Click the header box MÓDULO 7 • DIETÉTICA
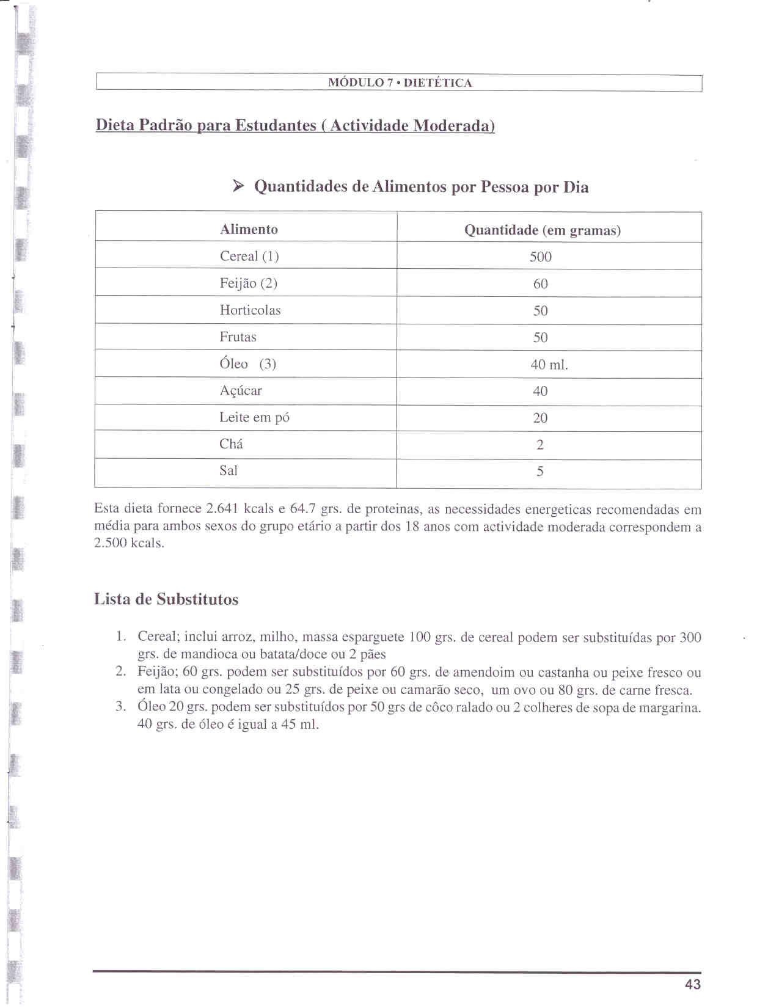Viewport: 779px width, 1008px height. click(x=400, y=83)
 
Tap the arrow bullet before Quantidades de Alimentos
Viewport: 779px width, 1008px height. click(x=238, y=186)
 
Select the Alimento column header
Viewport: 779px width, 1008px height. click(x=249, y=230)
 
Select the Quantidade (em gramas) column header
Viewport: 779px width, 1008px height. click(x=542, y=230)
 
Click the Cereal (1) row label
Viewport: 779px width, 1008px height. click(x=249, y=257)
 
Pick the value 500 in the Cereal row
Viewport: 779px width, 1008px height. click(x=540, y=257)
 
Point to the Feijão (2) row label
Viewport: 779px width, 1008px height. click(x=248, y=283)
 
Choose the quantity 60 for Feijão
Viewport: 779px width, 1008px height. click(x=540, y=284)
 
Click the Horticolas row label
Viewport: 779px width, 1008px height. click(x=250, y=310)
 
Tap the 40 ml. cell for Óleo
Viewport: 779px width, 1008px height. click(x=549, y=365)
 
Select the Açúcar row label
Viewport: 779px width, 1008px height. click(x=240, y=391)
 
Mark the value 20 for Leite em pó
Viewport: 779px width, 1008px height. click(x=540, y=418)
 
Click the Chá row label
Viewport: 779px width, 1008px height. click(x=231, y=444)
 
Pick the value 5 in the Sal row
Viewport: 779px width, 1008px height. click(x=540, y=472)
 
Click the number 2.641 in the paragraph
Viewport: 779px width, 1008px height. click(x=222, y=509)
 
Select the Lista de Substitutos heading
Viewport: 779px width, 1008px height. click(x=166, y=599)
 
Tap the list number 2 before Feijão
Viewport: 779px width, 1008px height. click(x=120, y=672)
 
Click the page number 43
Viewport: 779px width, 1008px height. click(x=693, y=984)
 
